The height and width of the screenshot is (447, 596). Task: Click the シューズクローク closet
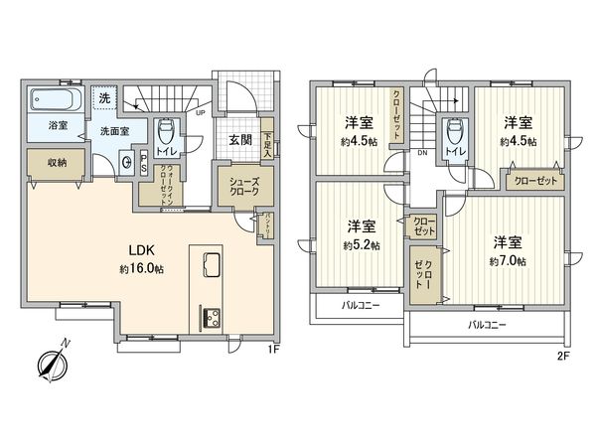241,186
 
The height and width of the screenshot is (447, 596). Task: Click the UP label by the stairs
202,113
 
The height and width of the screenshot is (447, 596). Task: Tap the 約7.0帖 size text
507,261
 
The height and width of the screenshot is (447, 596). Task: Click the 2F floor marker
562,355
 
